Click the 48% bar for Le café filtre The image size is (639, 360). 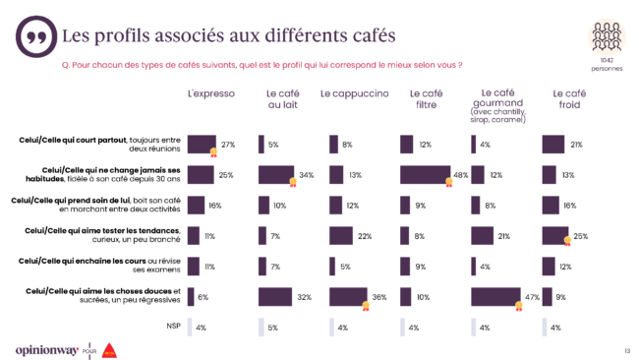[424, 175]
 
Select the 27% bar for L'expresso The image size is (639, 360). [201, 145]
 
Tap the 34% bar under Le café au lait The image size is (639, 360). [274, 175]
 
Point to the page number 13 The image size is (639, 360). [626, 349]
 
